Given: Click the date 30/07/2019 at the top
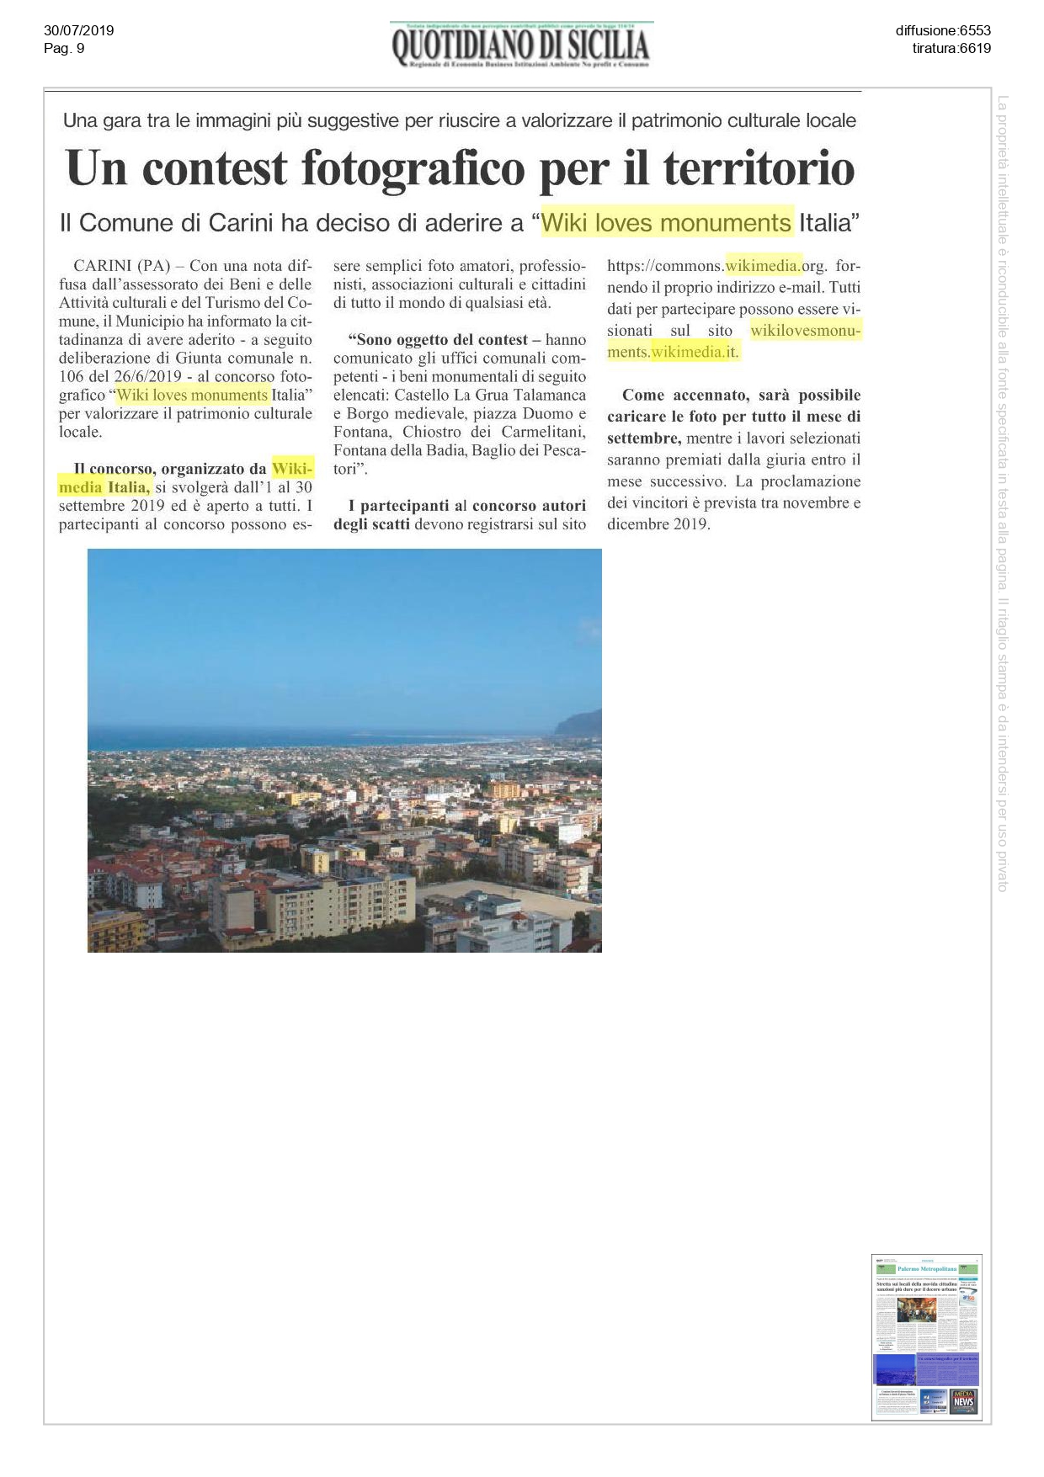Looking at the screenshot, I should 78,31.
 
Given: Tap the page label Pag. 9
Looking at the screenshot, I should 64,48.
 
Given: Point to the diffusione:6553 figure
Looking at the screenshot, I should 943,31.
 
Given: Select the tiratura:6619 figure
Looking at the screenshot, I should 951,48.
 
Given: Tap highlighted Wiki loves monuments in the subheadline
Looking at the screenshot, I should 666,223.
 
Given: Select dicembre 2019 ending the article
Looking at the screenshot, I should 658,523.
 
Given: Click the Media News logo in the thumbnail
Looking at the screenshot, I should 964,1400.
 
